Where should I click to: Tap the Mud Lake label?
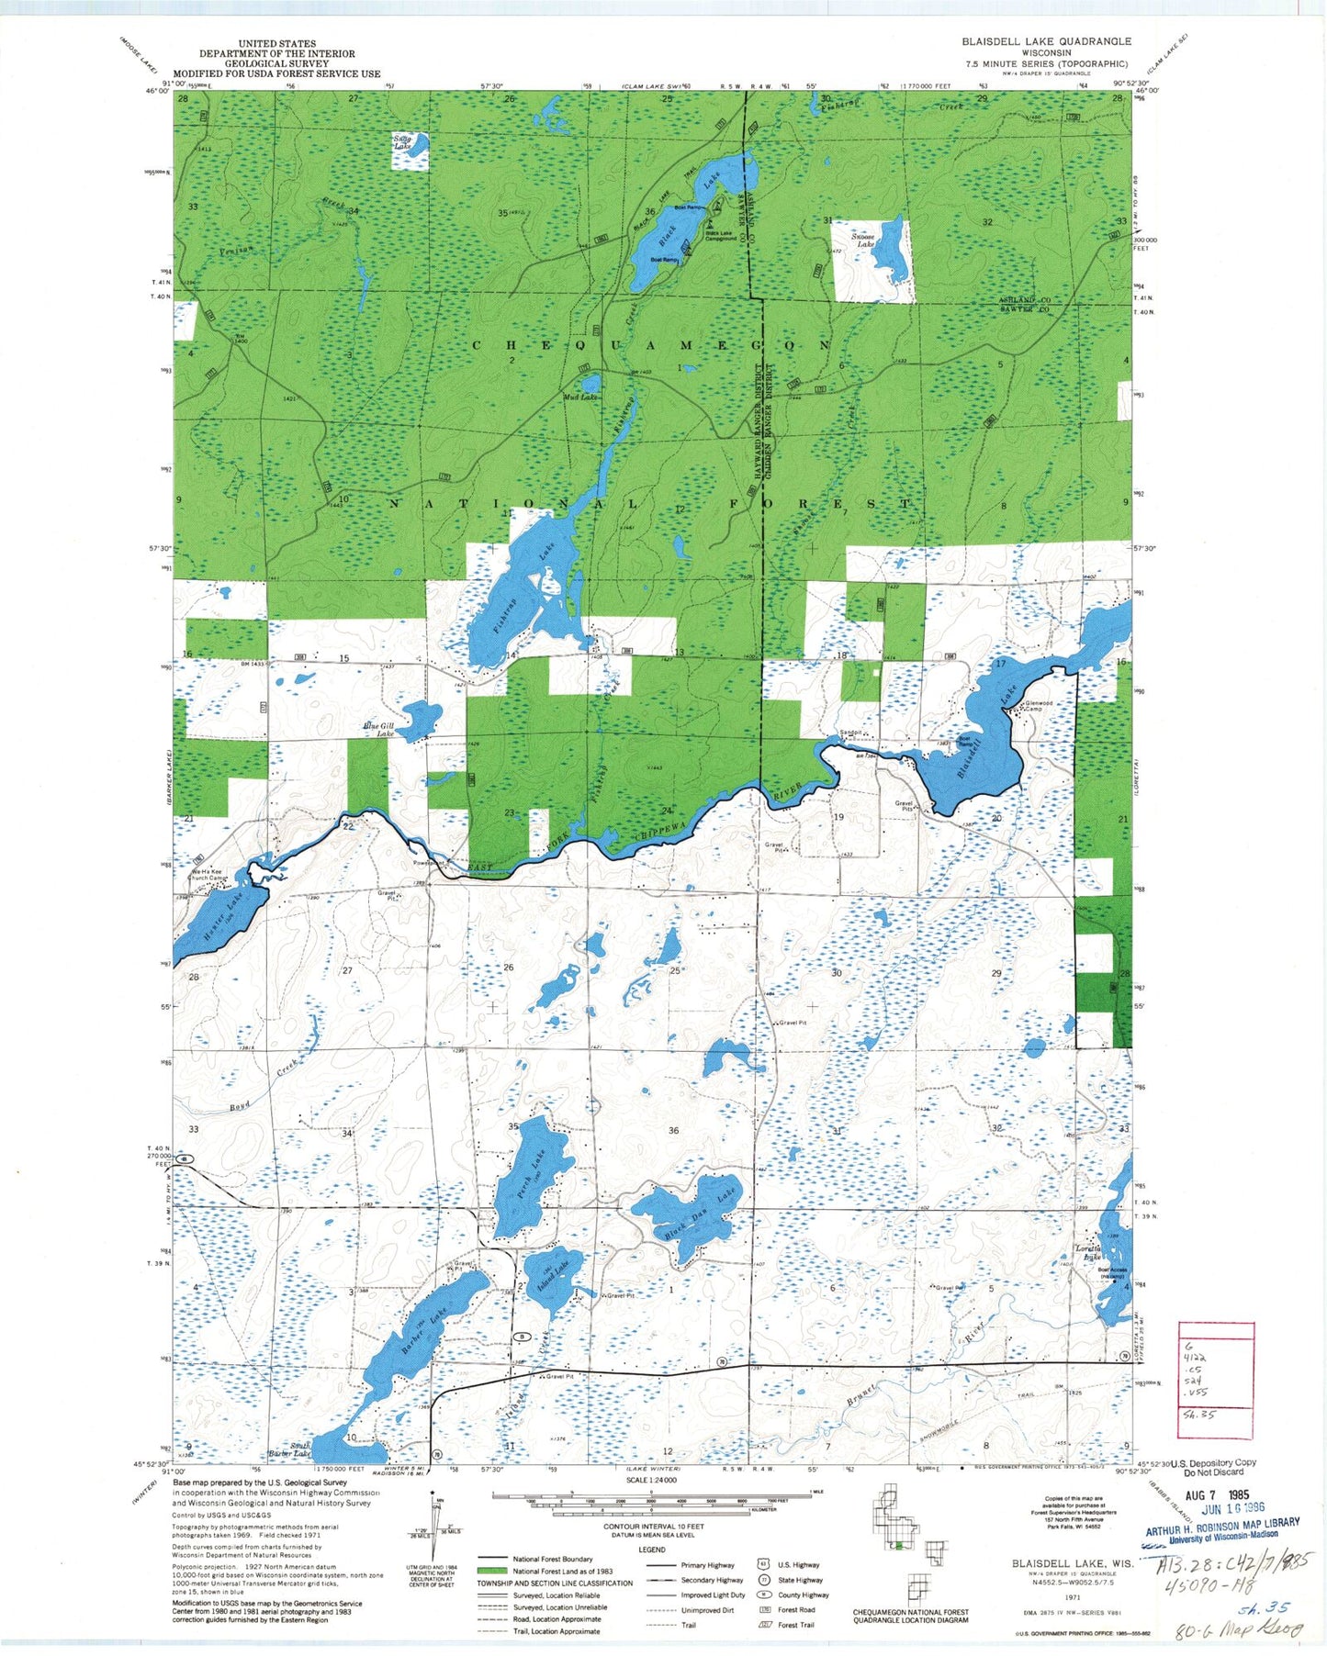point(580,397)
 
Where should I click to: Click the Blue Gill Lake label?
point(377,730)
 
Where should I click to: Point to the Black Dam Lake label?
point(702,1214)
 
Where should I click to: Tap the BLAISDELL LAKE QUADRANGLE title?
point(1046,41)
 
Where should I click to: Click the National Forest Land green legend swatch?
point(492,1571)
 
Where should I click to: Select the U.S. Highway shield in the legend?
point(764,1564)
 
